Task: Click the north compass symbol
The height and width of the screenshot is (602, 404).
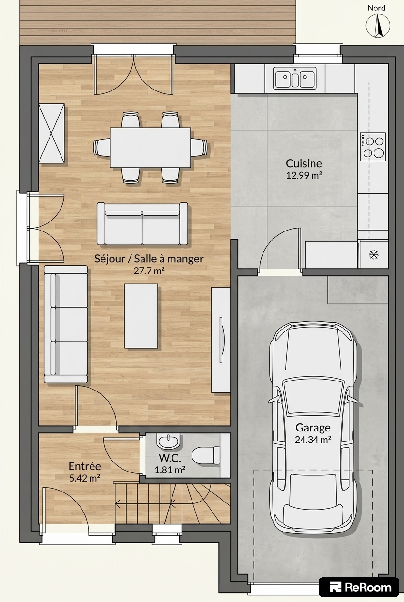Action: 378,26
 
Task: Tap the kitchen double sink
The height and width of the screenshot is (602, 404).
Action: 295,78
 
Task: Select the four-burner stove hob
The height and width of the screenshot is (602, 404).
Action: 373,147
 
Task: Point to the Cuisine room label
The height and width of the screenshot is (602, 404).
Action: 304,163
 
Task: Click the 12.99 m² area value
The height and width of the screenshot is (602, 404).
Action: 304,175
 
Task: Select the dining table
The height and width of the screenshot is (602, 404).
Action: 150,147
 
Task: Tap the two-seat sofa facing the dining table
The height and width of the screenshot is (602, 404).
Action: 142,224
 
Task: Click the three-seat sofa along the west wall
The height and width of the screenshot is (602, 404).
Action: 66,324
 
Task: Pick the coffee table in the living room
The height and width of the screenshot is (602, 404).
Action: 141,316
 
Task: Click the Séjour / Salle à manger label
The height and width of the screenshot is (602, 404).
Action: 149,259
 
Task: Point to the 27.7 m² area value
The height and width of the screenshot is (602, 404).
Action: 149,271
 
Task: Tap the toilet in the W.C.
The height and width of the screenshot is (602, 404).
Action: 205,455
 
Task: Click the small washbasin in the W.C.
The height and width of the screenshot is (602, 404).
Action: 168,442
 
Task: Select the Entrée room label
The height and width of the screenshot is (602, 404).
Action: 85,466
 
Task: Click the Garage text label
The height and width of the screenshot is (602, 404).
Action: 313,428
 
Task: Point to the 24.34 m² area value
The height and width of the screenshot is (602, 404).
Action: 313,440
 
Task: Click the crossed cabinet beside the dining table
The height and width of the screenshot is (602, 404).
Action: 51,133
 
